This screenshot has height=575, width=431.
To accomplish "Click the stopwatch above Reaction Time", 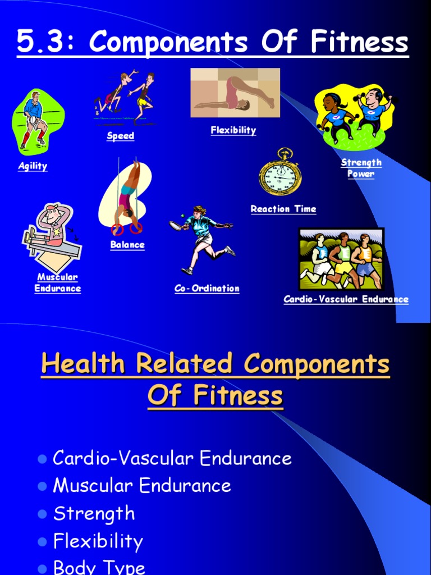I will click(280, 174).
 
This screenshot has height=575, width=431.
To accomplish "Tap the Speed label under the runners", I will click(121, 136).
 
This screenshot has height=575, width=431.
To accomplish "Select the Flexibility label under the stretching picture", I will click(233, 130).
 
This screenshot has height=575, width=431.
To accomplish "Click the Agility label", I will click(33, 166).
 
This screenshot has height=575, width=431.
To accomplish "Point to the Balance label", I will click(127, 245).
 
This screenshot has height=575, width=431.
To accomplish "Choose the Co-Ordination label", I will click(207, 289).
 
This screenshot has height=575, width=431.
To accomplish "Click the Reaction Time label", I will click(283, 209).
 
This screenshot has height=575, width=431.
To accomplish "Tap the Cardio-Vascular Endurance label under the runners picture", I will click(346, 299).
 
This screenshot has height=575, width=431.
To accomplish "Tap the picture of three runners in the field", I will click(341, 258).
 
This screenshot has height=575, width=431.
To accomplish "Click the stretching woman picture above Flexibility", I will click(235, 93).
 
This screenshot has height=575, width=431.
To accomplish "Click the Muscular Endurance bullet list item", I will click(141, 486).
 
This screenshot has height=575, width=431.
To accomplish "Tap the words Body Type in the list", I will click(99, 567).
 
